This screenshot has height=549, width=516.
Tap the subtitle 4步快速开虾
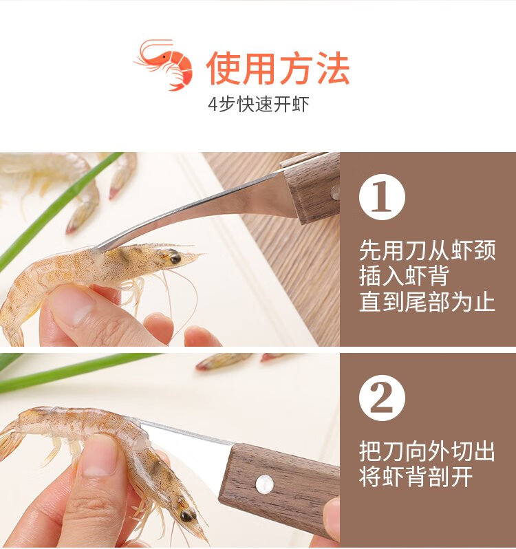pos(259,105)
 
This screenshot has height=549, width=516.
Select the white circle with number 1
pos(382,197)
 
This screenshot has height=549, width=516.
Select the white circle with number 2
pos(382,398)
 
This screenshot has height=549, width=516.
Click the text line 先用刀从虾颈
pos(427,250)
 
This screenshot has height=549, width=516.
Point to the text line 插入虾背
pos(404,276)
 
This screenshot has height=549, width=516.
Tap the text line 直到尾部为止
pos(427,301)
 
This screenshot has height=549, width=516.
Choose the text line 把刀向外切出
pos(427,451)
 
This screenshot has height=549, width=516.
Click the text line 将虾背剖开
pos(416,477)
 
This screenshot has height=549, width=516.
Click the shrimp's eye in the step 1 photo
pos(175,259)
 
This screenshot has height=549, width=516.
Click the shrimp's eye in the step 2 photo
pos(186,516)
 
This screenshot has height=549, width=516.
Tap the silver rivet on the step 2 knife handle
pos(265,484)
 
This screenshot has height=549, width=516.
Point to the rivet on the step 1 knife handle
pos(335,192)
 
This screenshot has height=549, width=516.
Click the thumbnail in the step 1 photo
pos(72,304)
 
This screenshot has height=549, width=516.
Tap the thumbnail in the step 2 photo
pos(98,455)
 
